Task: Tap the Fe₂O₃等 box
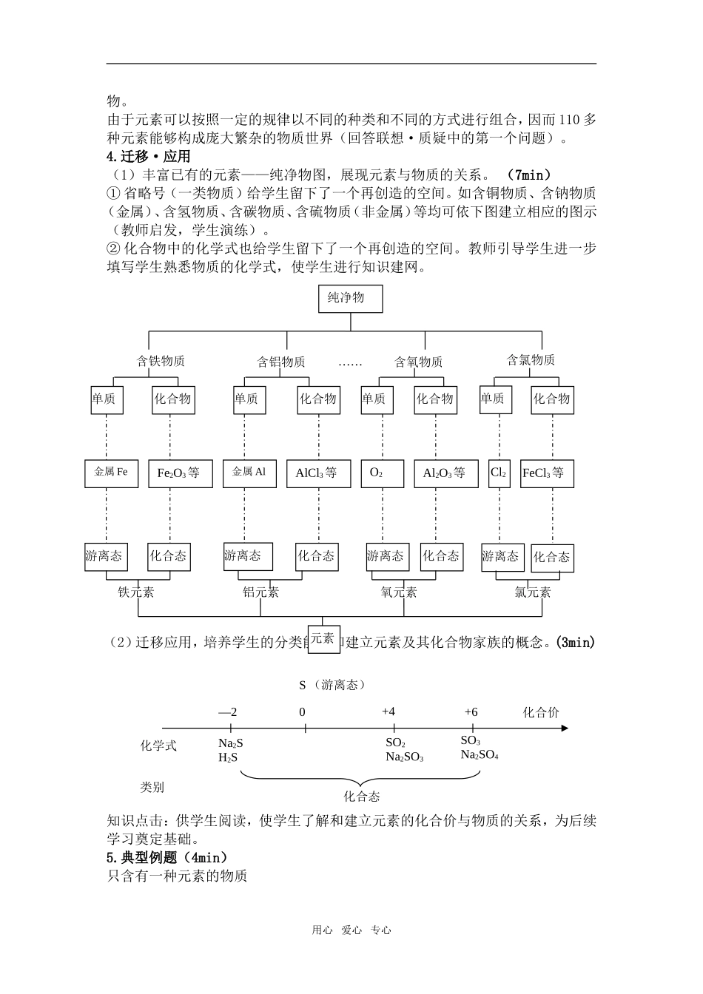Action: pyautogui.click(x=179, y=473)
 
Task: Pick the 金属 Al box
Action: pyautogui.click(x=249, y=473)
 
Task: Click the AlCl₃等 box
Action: pyautogui.click(x=318, y=473)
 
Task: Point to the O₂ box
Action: pyautogui.click(x=382, y=473)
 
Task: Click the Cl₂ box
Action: pyautogui.click(x=499, y=473)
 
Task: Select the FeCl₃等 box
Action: pyautogui.click(x=547, y=473)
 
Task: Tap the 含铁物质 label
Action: pyautogui.click(x=161, y=361)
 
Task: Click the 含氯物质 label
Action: pyautogui.click(x=531, y=360)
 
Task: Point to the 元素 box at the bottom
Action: pyautogui.click(x=323, y=638)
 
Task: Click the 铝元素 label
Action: pyautogui.click(x=260, y=592)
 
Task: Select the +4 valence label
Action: pyautogui.click(x=388, y=711)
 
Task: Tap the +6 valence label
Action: pyautogui.click(x=471, y=711)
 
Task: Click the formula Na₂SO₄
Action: pyautogui.click(x=480, y=755)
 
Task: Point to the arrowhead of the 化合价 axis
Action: pyautogui.click(x=565, y=728)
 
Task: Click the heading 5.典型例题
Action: pyautogui.click(x=167, y=858)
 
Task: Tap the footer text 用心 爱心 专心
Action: pyautogui.click(x=351, y=930)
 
